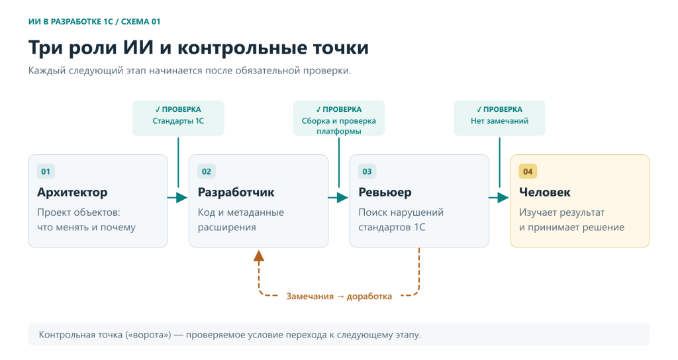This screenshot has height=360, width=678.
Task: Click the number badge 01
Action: point(46,171)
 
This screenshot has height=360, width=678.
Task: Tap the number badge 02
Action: point(207,171)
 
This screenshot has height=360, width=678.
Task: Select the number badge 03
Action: point(367,171)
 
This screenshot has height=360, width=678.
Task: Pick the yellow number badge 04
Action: point(528,171)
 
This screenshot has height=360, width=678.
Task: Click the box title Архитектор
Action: point(72,193)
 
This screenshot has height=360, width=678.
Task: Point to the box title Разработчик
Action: point(236,193)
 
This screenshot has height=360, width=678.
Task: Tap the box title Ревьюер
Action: point(385,193)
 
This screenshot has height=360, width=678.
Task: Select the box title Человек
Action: point(545,193)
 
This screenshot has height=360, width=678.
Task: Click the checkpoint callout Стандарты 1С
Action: point(178,118)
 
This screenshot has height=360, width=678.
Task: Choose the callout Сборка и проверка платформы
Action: point(339,118)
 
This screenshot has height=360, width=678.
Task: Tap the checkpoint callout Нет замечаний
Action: point(499,118)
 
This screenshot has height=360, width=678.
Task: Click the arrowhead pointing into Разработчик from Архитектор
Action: point(183,197)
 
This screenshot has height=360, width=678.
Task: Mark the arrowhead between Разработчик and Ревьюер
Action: point(343,197)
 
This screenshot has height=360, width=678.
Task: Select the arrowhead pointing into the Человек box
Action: point(504,197)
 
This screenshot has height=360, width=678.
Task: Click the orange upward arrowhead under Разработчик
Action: point(259,255)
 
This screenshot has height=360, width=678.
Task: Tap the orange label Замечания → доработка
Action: point(339,296)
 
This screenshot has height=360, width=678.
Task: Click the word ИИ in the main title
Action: point(138,48)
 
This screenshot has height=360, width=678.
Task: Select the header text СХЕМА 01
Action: point(140,22)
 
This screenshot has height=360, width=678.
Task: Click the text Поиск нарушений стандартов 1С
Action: point(401,220)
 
